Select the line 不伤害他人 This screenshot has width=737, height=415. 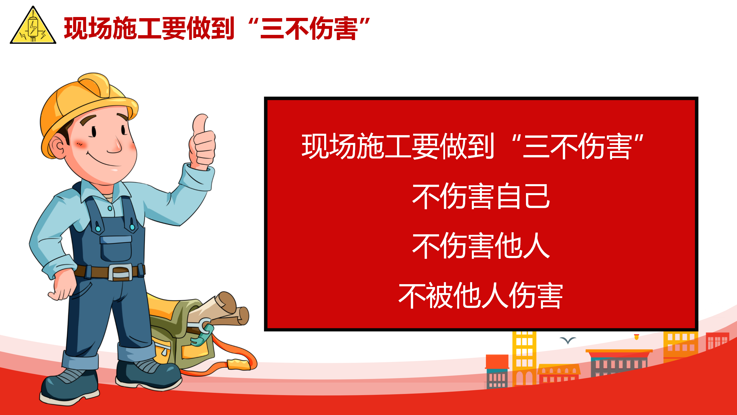point(481,246)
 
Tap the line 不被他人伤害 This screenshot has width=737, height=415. point(481,295)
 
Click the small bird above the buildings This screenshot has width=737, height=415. point(568,340)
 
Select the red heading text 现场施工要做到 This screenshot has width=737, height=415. point(149,28)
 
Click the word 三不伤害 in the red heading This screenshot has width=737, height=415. point(309,28)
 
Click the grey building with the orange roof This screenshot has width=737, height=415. point(619,362)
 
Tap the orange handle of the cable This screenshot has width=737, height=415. point(238,364)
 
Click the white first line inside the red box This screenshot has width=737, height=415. point(472,146)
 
